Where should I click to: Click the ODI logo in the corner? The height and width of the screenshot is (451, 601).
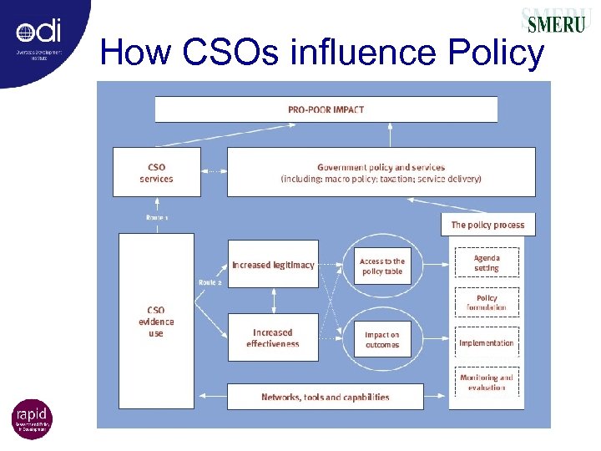[x=38, y=38]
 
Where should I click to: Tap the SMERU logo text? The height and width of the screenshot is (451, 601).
[x=556, y=23]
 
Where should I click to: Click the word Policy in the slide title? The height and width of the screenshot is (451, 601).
[x=496, y=53]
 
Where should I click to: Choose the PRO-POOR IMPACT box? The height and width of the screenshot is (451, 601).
[x=326, y=109]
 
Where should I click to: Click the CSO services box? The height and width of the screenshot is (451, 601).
[x=156, y=172]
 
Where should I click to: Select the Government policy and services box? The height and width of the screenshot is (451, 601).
[x=381, y=172]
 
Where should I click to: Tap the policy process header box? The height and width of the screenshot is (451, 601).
[x=487, y=225]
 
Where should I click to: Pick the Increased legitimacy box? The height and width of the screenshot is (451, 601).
[x=273, y=264]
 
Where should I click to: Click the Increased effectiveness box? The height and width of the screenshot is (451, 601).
[x=273, y=337]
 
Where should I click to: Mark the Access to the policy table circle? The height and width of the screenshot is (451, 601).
[x=382, y=266]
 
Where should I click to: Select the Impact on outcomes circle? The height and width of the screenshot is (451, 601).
[x=382, y=340]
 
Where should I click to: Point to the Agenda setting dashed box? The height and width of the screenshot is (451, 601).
[x=487, y=263]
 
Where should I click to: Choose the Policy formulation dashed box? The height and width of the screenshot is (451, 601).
[x=487, y=302]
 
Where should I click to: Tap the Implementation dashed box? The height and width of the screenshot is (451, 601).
[x=487, y=342]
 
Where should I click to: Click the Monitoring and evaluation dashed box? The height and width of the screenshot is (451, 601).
[x=487, y=383]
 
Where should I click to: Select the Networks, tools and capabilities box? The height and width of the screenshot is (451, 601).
[x=326, y=397]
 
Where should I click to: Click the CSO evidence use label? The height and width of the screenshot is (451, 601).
[x=156, y=322]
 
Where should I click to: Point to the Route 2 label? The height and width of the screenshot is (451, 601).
[x=210, y=282]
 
